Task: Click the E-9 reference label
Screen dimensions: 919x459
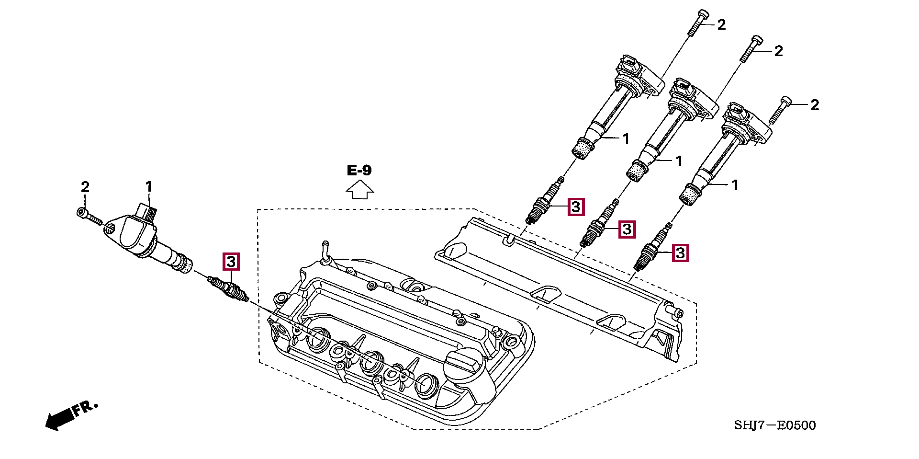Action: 359,170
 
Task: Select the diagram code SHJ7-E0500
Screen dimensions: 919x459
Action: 775,425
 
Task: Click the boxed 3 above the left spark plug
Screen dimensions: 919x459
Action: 231,262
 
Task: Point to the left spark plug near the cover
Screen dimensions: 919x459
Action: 228,289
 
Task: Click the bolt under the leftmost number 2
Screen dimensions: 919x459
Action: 90,217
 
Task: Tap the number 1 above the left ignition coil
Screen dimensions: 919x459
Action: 149,186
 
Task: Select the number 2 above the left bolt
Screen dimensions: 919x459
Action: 85,186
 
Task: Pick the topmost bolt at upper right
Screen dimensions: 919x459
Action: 698,23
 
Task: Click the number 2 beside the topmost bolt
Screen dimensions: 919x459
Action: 721,25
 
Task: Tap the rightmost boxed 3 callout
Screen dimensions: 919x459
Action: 680,252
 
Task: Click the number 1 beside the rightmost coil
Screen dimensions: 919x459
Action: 735,185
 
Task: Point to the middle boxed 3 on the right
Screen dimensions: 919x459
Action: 627,229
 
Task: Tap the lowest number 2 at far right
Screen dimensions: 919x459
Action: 815,105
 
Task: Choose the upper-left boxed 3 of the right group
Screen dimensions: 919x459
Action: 576,207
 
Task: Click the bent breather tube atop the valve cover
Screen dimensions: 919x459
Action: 325,252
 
